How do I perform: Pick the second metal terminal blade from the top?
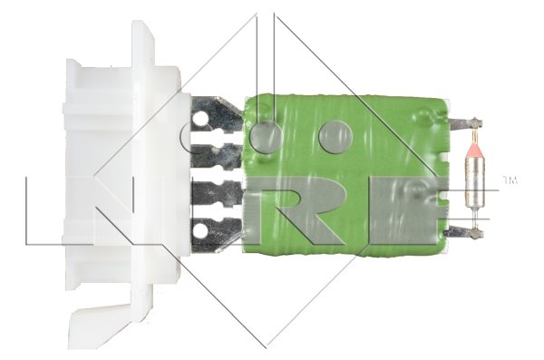click(218, 154)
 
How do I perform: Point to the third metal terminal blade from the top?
click(218, 193)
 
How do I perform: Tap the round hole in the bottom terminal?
click(199, 229)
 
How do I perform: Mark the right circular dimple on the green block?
click(335, 136)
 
